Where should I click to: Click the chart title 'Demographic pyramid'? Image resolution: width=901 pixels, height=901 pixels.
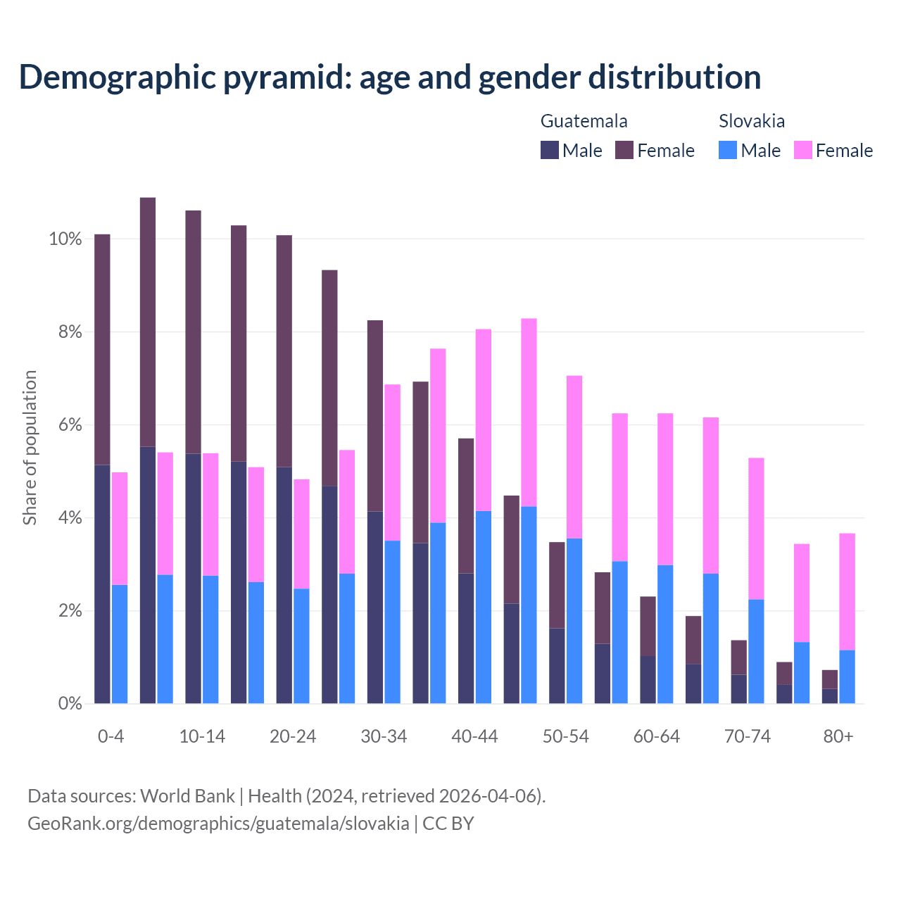tap(389, 77)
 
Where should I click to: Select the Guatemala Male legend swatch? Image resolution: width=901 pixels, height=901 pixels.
tap(549, 150)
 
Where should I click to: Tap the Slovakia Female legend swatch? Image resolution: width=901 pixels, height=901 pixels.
tap(802, 150)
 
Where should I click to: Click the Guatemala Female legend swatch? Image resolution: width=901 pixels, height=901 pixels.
tap(624, 150)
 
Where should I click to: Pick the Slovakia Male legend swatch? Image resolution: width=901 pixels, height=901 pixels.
tap(728, 150)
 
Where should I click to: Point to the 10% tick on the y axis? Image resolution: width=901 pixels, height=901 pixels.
tap(65, 239)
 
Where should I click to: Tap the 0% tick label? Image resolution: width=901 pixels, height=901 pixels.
tap(69, 703)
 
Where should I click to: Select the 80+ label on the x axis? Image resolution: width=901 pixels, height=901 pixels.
tap(838, 737)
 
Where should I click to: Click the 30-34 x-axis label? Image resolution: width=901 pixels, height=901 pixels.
tap(384, 737)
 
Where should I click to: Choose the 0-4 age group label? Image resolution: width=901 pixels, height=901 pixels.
tap(111, 737)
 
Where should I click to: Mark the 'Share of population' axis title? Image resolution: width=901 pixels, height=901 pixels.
tap(30, 448)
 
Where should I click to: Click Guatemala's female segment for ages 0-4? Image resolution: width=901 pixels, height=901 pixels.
tap(102, 349)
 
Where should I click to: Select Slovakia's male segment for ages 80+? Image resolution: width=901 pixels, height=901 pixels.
tap(847, 676)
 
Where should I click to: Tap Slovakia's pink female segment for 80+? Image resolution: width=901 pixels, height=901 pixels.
tap(847, 591)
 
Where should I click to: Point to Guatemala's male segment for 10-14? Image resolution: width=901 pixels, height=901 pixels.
tap(193, 578)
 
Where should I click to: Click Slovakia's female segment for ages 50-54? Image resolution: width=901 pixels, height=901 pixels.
tap(574, 457)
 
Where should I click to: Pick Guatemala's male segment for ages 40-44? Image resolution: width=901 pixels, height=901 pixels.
tap(466, 638)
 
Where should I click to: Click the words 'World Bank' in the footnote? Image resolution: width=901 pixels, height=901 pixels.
tap(187, 796)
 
